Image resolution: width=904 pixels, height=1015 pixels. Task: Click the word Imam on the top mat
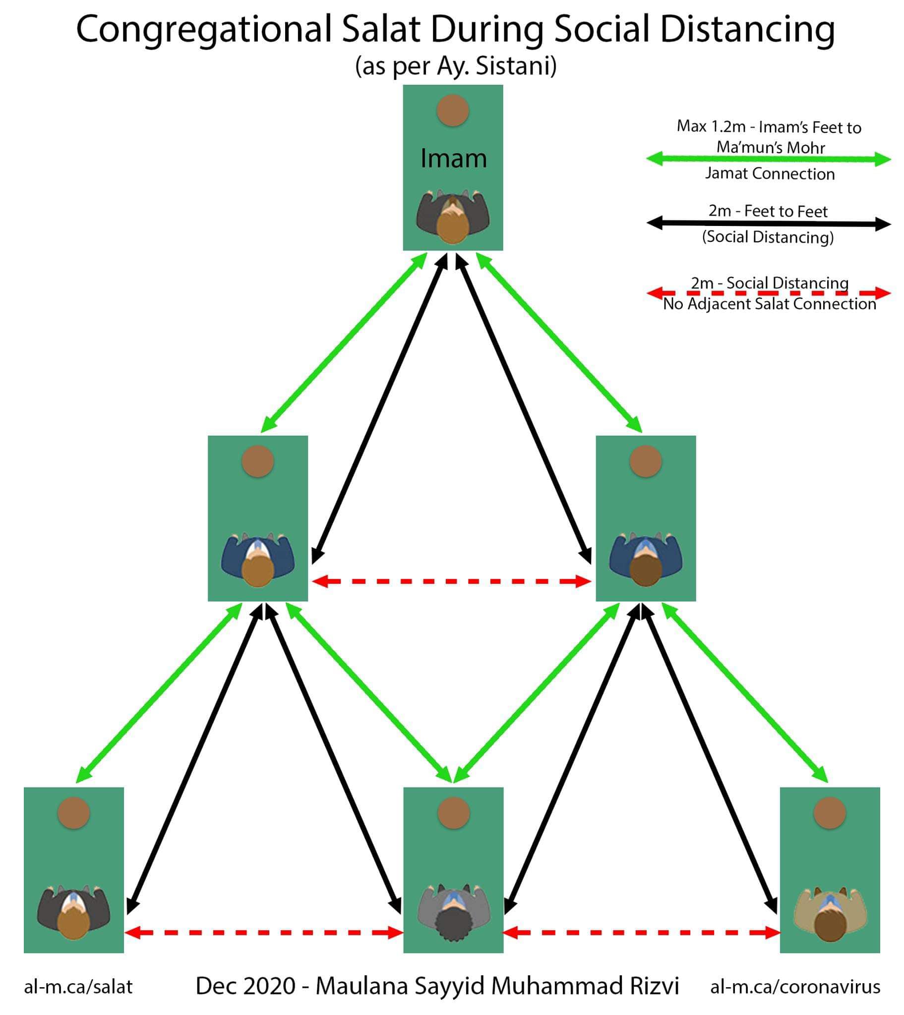[453, 159]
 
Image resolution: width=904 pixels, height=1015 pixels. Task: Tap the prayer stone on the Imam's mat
[453, 110]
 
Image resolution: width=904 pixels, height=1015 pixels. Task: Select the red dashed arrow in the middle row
[452, 581]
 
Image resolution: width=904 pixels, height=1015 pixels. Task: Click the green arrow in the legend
[768, 160]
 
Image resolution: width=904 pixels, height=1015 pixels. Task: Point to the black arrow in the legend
[768, 224]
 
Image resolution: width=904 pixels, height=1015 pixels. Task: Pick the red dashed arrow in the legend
[768, 293]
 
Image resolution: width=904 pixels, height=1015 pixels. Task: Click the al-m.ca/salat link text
[78, 987]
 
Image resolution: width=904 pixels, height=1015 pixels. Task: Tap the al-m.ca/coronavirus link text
[795, 987]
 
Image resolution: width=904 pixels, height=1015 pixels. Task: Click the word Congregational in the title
[203, 30]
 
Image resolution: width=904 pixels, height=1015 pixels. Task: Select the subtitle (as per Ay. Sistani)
[456, 66]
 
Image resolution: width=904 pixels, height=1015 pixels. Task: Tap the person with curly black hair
[453, 914]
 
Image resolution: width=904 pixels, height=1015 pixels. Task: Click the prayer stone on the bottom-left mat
[73, 813]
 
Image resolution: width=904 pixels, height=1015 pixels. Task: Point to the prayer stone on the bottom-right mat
[830, 813]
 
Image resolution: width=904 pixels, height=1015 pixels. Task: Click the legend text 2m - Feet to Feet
[768, 211]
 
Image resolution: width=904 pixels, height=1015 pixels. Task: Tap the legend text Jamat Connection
[770, 174]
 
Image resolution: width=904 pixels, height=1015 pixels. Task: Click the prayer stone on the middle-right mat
[646, 461]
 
